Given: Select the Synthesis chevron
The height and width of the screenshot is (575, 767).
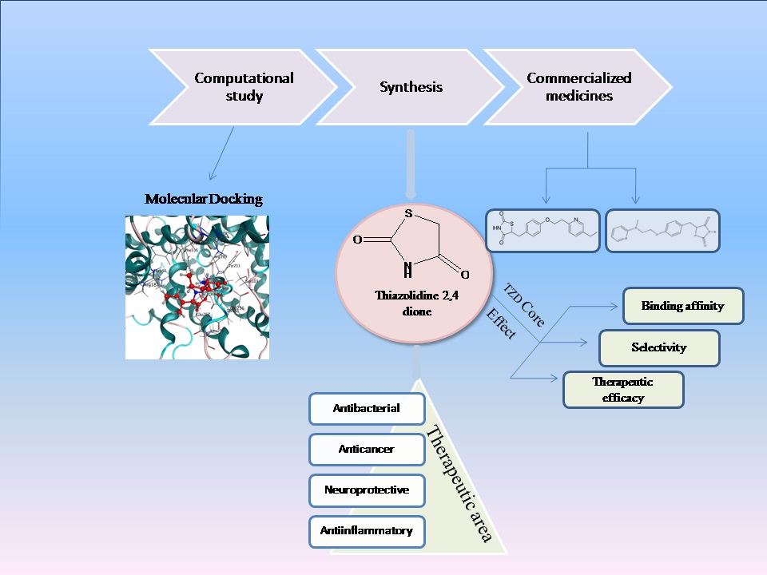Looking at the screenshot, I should [411, 87].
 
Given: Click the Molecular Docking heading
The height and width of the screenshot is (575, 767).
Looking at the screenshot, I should [203, 200].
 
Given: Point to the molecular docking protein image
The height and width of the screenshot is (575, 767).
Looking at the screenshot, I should [197, 287].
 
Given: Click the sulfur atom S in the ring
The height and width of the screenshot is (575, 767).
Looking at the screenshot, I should [408, 213].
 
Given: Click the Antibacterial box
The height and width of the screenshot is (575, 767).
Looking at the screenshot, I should [367, 409].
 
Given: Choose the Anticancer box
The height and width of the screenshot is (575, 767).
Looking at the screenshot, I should [367, 449].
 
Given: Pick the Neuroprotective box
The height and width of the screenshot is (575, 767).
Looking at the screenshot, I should [367, 490].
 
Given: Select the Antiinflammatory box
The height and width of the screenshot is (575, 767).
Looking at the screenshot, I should [367, 530].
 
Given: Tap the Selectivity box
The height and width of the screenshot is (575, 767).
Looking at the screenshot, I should [658, 347].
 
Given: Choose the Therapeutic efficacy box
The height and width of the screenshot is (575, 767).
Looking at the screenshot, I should [623, 389].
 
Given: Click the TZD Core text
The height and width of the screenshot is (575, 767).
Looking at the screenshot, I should [524, 305].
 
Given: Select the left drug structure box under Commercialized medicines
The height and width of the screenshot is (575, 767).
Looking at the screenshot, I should [542, 231].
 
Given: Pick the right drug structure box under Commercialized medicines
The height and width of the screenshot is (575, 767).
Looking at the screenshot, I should [662, 231].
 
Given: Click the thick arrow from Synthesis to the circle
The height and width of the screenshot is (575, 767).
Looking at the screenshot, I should [411, 165].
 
